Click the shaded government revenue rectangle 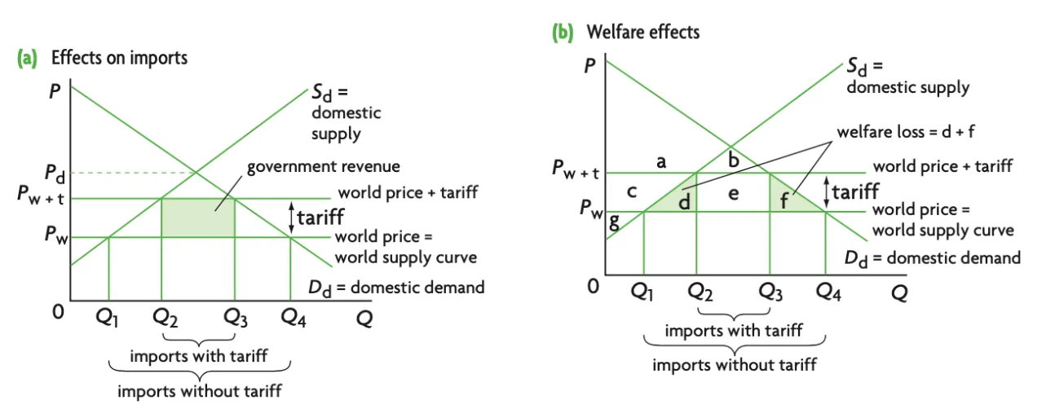[198, 218]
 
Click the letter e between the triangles [733, 195]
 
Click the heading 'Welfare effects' [643, 33]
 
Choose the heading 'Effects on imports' [119, 58]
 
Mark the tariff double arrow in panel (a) [290, 218]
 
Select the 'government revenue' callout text [323, 166]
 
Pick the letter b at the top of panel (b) [733, 160]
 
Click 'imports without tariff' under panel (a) [200, 391]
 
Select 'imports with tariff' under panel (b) [734, 330]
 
